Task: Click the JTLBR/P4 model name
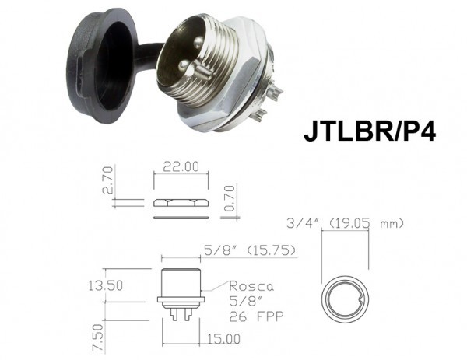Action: point(370,131)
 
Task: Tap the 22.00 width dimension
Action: point(181,166)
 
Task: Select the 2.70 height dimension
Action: point(107,180)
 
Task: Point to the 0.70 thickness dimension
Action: point(230,197)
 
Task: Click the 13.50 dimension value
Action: point(105,286)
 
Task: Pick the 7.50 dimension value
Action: point(99,338)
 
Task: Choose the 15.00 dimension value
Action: point(223,339)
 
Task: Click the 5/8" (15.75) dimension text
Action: point(250,250)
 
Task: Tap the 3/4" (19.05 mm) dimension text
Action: point(345,223)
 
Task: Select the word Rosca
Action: point(251,286)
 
